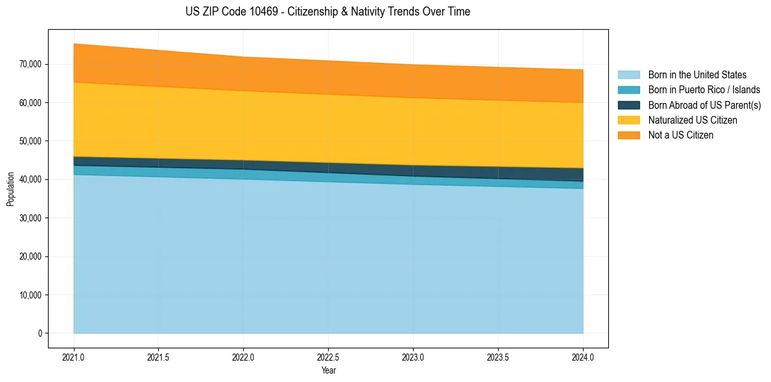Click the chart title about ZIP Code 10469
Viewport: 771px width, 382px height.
click(327, 12)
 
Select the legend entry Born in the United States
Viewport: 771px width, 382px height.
click(697, 75)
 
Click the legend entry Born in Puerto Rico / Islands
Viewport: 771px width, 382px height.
click(704, 90)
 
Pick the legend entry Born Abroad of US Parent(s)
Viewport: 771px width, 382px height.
click(704, 105)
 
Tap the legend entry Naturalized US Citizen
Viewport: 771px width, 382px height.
click(693, 120)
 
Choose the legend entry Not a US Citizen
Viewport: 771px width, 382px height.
click(681, 135)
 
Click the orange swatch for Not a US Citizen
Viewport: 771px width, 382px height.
click(628, 135)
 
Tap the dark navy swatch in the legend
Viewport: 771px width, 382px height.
click(628, 105)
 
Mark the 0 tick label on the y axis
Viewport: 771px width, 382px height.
click(40, 333)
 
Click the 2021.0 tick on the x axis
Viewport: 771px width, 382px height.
click(74, 356)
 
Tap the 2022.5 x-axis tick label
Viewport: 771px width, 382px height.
click(328, 356)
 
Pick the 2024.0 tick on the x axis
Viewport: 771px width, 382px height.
click(583, 356)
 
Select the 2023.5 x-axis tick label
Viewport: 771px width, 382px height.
click(498, 356)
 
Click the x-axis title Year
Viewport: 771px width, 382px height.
click(328, 370)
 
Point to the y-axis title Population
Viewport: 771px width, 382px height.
click(10, 189)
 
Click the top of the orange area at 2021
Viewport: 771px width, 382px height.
click(74, 43)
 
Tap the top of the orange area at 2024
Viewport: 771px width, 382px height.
click(583, 69)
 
